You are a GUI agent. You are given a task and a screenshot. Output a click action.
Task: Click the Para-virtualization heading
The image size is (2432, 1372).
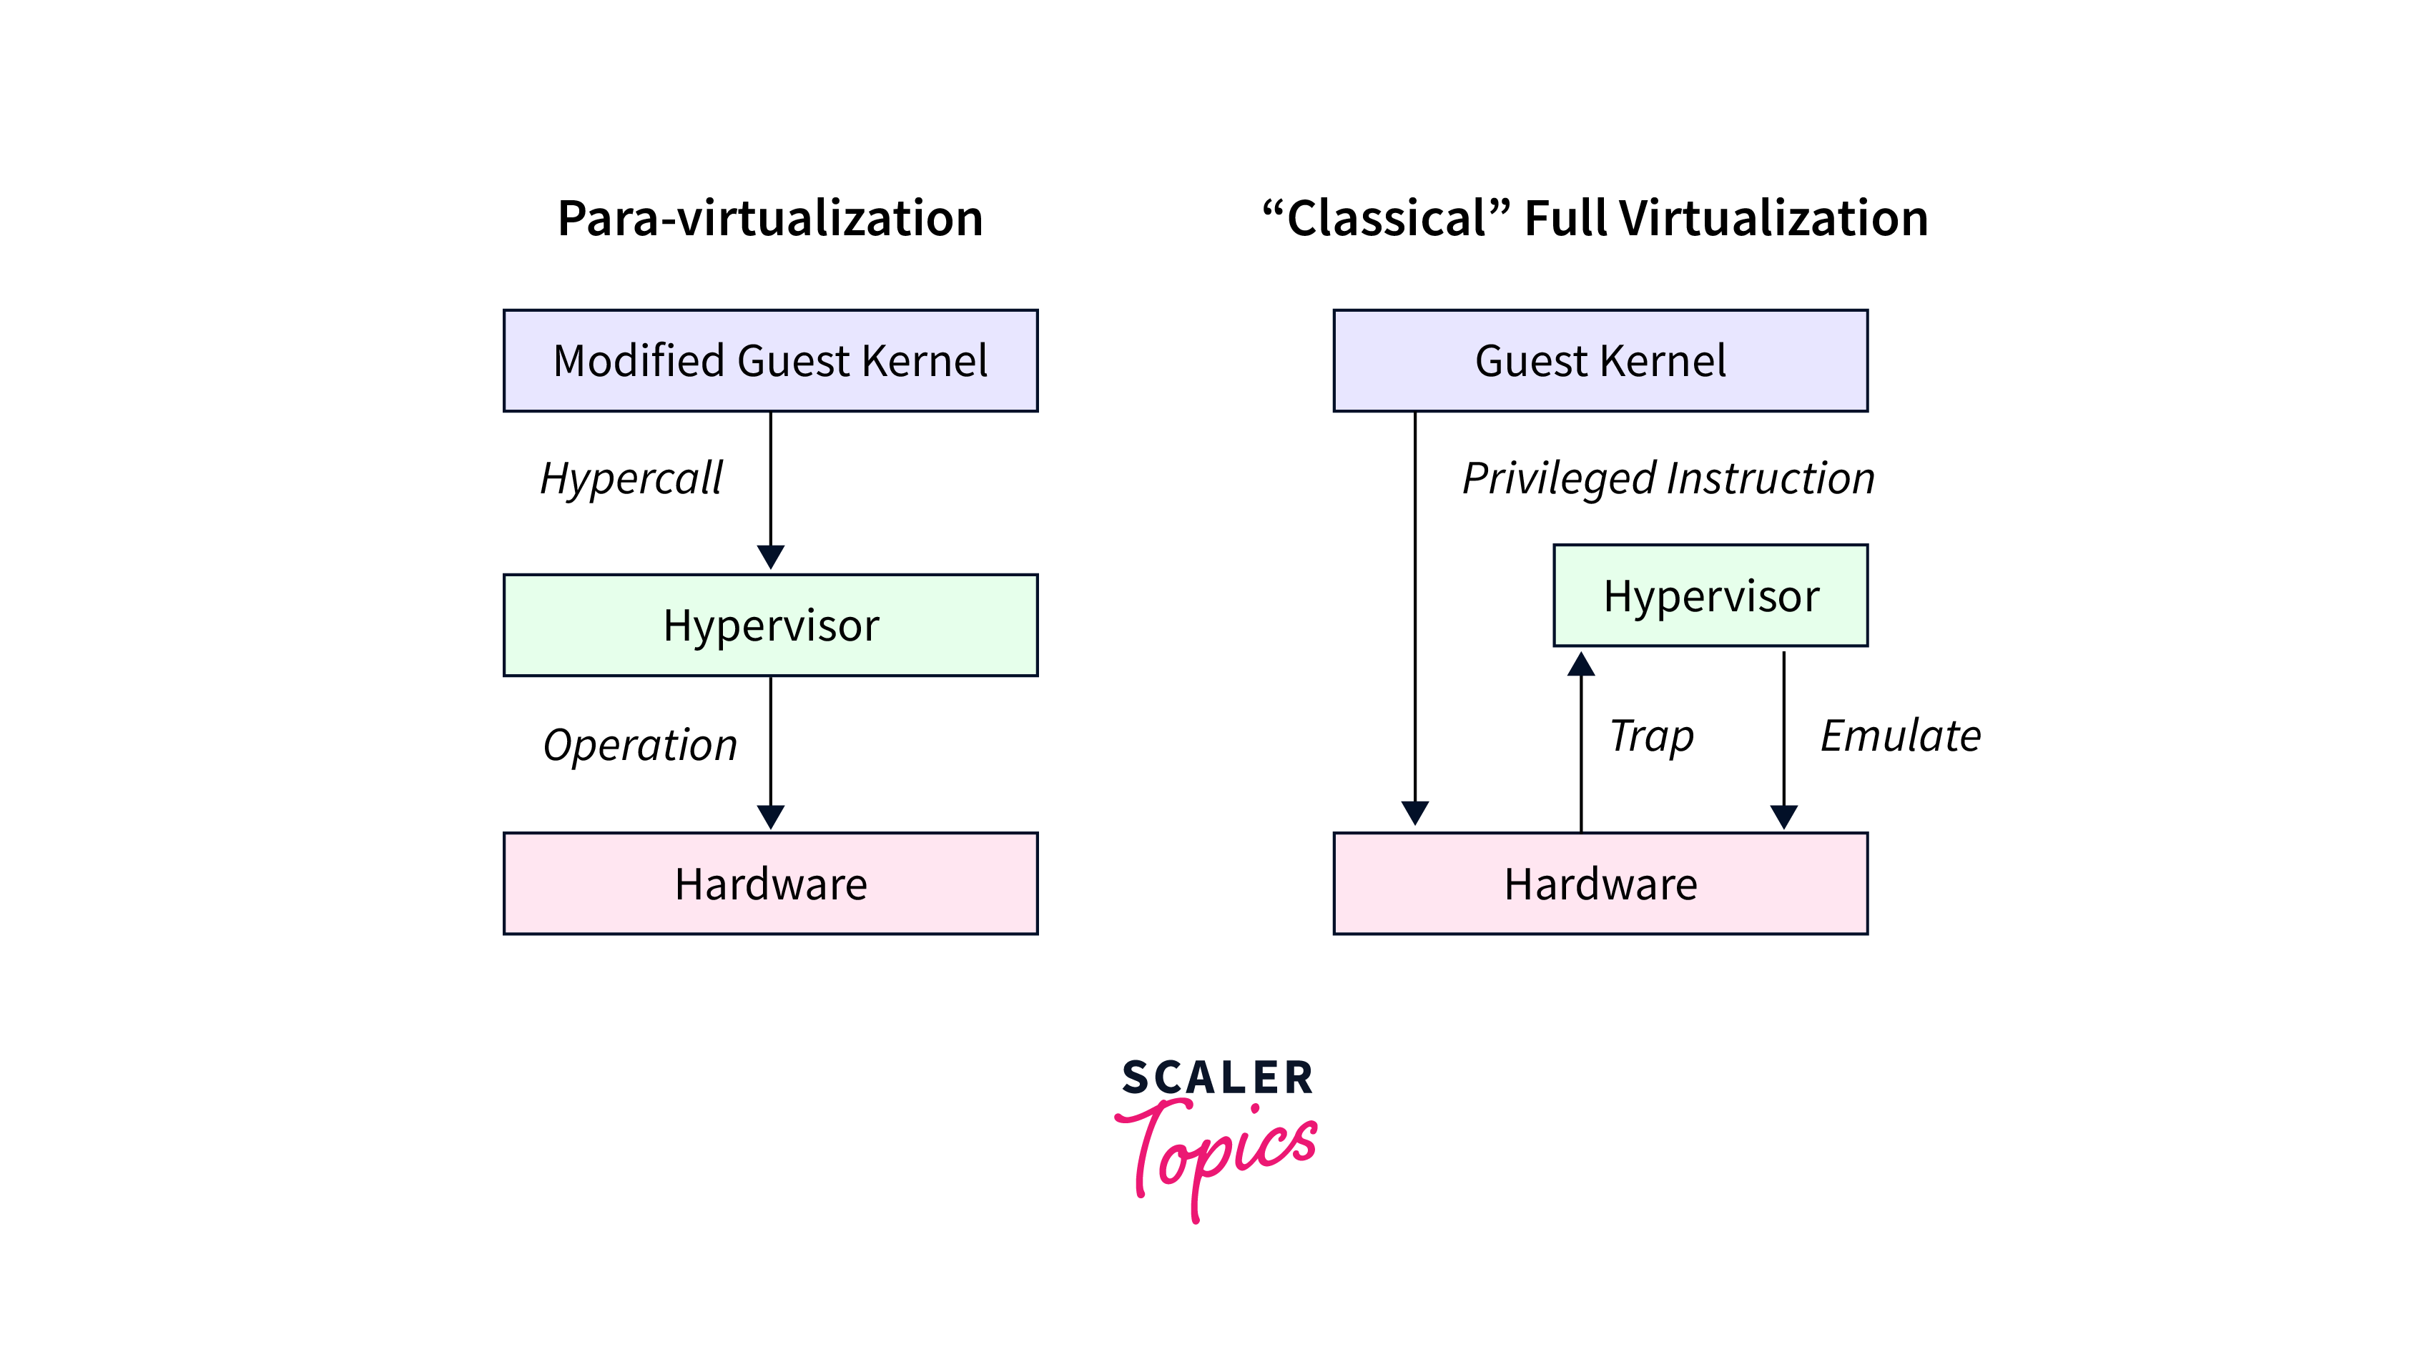[x=769, y=218]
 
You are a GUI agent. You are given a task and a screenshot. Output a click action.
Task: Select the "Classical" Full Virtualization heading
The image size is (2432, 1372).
[x=1595, y=218]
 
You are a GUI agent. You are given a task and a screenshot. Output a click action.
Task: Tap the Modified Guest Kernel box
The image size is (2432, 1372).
[x=770, y=361]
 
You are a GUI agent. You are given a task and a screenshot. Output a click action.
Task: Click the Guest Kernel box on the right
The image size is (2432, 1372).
[x=1600, y=361]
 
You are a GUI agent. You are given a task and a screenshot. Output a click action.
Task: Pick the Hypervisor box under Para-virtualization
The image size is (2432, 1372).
[x=770, y=625]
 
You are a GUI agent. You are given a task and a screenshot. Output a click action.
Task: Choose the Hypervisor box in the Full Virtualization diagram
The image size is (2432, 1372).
[x=1710, y=596]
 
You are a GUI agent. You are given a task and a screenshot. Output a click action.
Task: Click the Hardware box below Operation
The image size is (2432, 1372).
[x=770, y=884]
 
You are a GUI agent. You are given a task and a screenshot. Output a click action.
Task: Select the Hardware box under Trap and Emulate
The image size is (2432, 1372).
[x=1600, y=884]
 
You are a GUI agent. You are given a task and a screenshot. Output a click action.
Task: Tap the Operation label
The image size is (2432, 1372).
[x=639, y=745]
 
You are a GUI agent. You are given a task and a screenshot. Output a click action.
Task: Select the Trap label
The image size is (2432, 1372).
[x=1651, y=736]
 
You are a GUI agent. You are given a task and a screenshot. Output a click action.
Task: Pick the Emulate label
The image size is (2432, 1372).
[x=1899, y=736]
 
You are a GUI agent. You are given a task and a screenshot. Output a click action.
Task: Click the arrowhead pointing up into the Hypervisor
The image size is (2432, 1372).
[x=1581, y=663]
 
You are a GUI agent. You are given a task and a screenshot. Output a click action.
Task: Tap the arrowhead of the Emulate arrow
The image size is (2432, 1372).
[x=1783, y=816]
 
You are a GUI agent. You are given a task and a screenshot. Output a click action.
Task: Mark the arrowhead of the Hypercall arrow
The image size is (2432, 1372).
[x=770, y=557]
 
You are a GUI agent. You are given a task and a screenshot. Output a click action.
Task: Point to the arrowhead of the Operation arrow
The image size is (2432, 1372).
[x=770, y=816]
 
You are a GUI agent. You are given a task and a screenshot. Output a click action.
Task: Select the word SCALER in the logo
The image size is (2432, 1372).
[x=1217, y=1078]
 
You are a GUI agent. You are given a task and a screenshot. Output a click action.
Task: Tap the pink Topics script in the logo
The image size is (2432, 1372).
[x=1218, y=1152]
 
